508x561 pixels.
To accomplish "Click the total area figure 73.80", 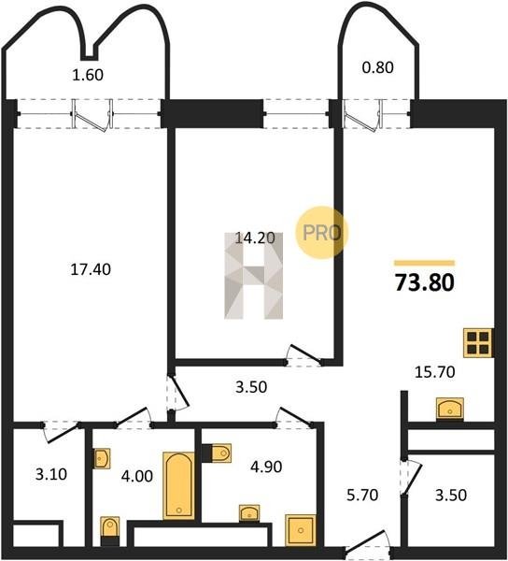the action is click(424, 282).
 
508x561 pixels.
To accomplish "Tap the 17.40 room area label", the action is click(91, 269).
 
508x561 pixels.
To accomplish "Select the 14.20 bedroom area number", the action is click(255, 237).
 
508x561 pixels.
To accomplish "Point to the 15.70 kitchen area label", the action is click(435, 372).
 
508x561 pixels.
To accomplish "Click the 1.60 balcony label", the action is click(88, 75).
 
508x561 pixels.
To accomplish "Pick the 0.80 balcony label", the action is click(378, 67).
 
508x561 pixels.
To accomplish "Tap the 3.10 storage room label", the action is click(51, 474).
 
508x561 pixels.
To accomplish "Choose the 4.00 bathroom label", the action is click(137, 476).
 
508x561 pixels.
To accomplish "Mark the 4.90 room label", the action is click(266, 467).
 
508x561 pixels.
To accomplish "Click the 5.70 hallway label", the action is click(362, 496).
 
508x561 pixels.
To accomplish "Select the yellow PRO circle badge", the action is click(321, 233).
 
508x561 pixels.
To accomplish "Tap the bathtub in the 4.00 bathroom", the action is click(179, 486).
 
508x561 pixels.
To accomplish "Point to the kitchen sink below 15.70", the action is click(450, 409).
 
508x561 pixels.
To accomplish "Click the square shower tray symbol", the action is click(301, 530).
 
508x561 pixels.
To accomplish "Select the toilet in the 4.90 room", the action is click(220, 453).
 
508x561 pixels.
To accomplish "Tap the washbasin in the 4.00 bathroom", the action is click(102, 458).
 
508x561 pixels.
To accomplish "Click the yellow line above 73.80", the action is click(424, 264).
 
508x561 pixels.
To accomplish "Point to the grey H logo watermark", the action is click(254, 276).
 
